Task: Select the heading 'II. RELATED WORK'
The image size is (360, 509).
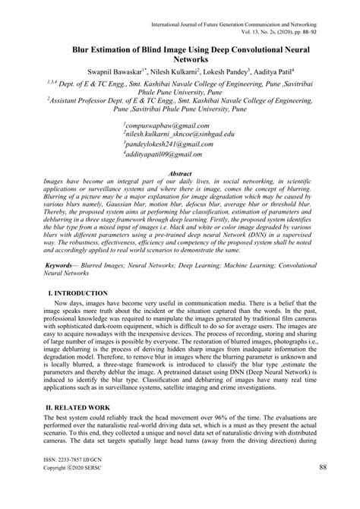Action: (x=72, y=408)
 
